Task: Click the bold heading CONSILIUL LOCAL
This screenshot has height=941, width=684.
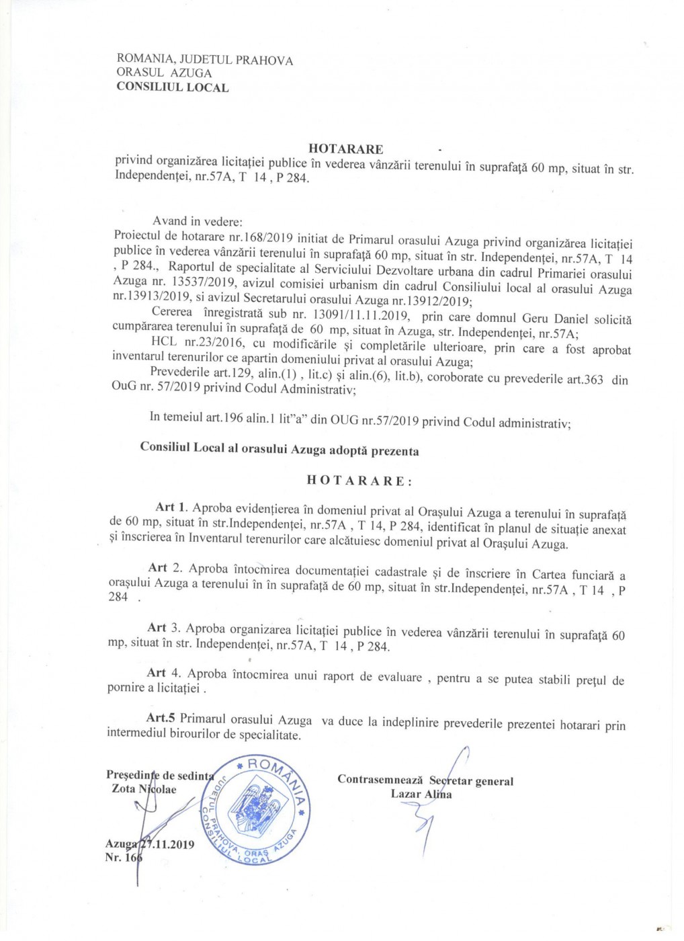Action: pyautogui.click(x=172, y=87)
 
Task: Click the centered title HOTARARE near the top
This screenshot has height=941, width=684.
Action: pyautogui.click(x=345, y=149)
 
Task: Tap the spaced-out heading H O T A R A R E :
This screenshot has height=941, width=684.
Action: pyautogui.click(x=359, y=481)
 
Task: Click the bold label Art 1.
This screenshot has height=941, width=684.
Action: pyautogui.click(x=171, y=507)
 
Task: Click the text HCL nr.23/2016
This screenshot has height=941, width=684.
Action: pyautogui.click(x=191, y=345)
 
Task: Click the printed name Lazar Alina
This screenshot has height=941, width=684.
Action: pyautogui.click(x=421, y=794)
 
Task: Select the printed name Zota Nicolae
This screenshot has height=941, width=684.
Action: pyautogui.click(x=144, y=788)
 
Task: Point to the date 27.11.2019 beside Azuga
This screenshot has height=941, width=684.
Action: pyautogui.click(x=167, y=844)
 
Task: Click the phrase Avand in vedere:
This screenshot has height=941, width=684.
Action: pyautogui.click(x=188, y=221)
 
